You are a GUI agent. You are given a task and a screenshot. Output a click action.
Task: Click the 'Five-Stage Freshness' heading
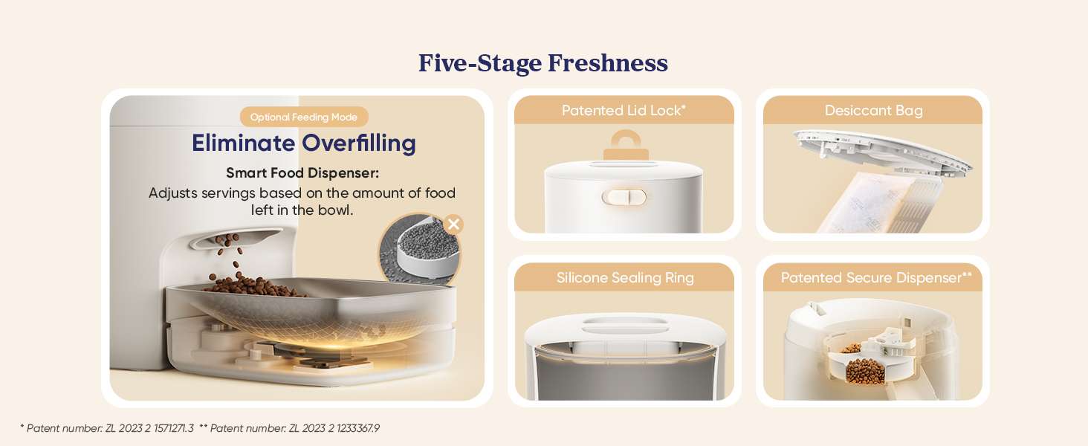[x=543, y=63]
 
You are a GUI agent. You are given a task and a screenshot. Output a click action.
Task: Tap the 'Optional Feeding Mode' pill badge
[x=304, y=117]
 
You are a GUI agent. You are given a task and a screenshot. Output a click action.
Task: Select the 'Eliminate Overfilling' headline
[x=303, y=143]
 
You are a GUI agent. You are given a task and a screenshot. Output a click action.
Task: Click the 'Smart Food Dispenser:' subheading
[x=302, y=173]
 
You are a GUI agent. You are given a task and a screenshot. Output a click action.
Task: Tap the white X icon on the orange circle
[x=453, y=224]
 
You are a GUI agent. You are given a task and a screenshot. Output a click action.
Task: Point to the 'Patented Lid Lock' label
[x=624, y=111]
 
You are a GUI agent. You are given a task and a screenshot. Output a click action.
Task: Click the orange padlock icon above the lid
[x=626, y=145]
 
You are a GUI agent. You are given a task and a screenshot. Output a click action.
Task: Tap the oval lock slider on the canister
[x=624, y=197]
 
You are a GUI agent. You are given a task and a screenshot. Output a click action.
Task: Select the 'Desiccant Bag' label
[x=873, y=111]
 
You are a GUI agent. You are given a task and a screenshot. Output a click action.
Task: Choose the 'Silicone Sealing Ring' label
[x=625, y=278]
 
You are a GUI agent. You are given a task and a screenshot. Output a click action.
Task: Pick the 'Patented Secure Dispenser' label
[x=876, y=278]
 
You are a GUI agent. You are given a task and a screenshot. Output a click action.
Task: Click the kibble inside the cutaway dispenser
[x=865, y=371]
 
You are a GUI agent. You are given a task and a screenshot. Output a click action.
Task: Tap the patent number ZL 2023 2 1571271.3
[x=149, y=428]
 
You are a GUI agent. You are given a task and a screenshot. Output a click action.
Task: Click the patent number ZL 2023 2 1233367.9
[x=334, y=428]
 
